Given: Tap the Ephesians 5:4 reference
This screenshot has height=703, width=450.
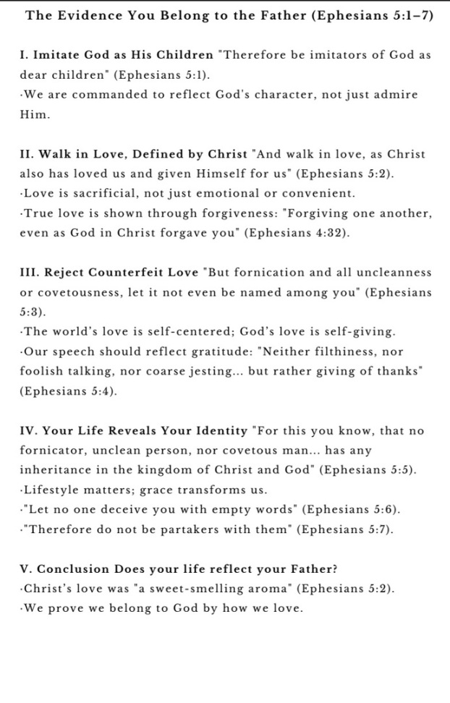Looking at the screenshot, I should (68, 391).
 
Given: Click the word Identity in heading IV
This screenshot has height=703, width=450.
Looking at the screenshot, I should (216, 431).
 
